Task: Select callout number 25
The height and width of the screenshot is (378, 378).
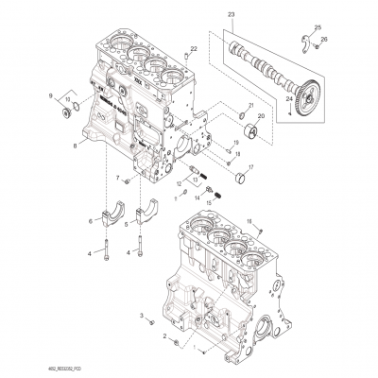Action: (318, 26)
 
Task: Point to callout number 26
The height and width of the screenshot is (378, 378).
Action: (325, 40)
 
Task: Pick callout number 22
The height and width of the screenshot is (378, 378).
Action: (195, 47)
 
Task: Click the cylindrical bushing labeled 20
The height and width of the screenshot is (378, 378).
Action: (252, 129)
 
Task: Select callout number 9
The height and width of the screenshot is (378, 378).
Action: (52, 95)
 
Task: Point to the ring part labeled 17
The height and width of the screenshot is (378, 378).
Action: (248, 174)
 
